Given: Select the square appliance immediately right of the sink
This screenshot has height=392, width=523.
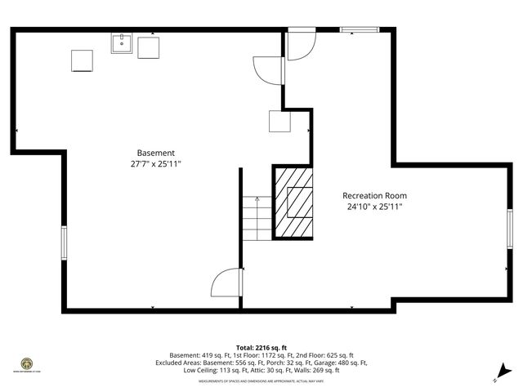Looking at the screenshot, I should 148,47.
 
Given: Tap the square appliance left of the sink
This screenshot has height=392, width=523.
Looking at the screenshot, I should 82,61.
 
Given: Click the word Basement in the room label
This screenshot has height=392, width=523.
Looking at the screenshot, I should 155,153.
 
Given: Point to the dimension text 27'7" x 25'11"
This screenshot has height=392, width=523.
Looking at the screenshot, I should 155,164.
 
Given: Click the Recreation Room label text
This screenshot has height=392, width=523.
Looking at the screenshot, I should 374,196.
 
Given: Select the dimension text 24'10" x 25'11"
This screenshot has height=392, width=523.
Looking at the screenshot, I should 374,207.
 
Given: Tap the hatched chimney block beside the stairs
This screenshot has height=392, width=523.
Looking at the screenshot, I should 293,201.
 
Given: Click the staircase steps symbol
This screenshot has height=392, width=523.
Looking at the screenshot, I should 256,216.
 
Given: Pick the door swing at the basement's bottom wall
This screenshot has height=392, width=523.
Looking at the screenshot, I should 227,283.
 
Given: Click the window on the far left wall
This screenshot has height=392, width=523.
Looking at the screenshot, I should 63,243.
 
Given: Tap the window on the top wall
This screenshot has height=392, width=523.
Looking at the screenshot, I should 360,30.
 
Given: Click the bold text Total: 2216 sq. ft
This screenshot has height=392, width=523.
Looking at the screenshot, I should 261,347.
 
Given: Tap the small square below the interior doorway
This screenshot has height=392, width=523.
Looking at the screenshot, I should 281,122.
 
